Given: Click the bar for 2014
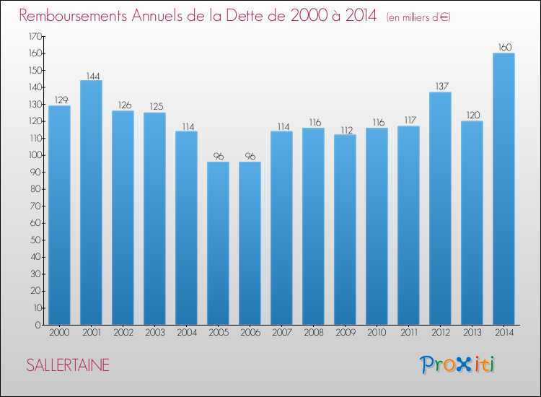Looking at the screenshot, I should (x=503, y=189).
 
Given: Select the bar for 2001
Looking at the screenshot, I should (x=91, y=202).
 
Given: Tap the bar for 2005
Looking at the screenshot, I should (x=218, y=243).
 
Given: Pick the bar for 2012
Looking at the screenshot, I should (x=440, y=209).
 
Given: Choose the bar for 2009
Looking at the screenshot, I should (x=345, y=230).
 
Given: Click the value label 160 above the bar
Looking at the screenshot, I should (x=503, y=48).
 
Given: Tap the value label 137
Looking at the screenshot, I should (x=440, y=87).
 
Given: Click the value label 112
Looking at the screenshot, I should (x=345, y=129).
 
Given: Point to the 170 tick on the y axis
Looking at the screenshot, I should (x=35, y=36).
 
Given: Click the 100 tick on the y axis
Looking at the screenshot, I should (x=35, y=155).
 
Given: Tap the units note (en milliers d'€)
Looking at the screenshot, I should (x=408, y=17).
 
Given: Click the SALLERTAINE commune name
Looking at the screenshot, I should (x=68, y=365).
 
